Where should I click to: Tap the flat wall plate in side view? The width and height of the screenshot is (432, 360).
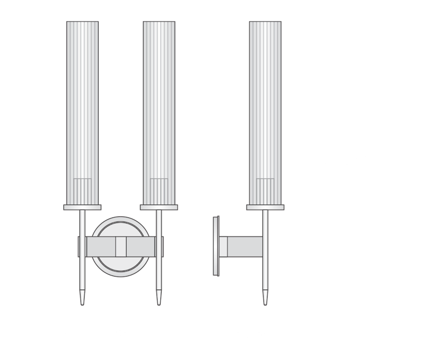click(216, 246)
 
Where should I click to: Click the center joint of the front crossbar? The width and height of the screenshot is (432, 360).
click(120, 246)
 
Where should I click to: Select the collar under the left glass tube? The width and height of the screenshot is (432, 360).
click(82, 207)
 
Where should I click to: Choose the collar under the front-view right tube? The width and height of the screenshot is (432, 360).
click(159, 207)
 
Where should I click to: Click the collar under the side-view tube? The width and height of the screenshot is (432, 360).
click(265, 207)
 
